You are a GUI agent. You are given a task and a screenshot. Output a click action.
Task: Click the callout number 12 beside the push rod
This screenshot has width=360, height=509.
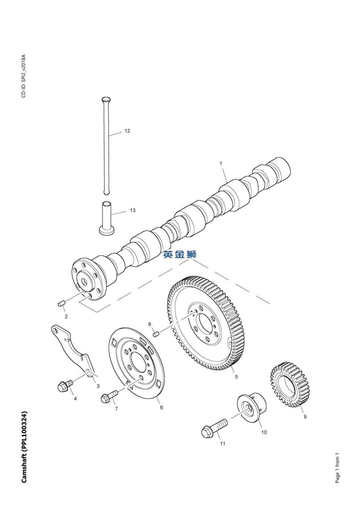127,131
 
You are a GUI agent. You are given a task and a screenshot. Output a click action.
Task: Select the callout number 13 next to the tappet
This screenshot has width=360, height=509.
132,210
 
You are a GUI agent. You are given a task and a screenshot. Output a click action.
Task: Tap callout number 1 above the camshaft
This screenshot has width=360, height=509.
221,163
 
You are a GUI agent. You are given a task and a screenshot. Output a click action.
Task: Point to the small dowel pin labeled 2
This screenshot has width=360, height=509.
62,304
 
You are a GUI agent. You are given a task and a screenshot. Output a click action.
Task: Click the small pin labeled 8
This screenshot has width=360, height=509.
156,334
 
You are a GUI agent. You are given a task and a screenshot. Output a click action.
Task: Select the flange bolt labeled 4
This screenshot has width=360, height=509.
65,385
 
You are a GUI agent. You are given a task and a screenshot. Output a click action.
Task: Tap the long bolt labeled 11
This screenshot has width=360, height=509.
213,428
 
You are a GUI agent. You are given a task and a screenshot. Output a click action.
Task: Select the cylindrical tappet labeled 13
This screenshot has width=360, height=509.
107,217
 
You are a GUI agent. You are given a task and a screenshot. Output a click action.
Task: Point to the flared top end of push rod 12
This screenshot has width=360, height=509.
106,100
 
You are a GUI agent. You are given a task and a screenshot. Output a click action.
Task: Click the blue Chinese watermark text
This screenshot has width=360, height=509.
180,254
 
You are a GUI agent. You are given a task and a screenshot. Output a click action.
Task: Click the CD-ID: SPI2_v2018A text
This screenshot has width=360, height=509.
24,76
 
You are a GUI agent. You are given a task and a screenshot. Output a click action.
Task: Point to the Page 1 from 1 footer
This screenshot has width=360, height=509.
337,468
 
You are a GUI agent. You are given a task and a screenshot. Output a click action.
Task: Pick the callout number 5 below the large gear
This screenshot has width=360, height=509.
236,377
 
